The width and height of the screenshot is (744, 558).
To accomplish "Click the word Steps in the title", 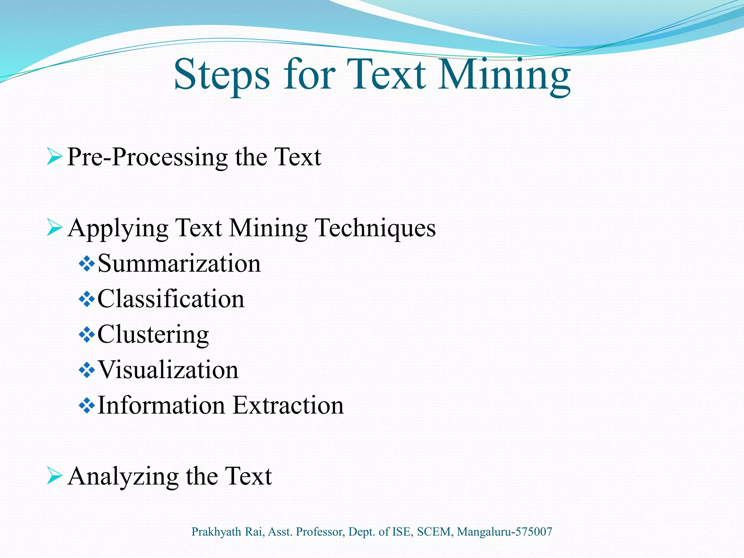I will pyautogui.click(x=222, y=75).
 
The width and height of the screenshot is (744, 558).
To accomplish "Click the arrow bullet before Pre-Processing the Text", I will pyautogui.click(x=54, y=157).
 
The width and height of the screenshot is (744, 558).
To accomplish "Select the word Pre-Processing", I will pyautogui.click(x=147, y=157).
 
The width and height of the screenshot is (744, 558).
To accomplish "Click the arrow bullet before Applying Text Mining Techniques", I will pyautogui.click(x=54, y=228).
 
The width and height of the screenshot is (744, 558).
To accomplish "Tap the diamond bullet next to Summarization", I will pyautogui.click(x=87, y=264).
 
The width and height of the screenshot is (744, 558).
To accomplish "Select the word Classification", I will pyautogui.click(x=171, y=299).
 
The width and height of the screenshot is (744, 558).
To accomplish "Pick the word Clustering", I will pyautogui.click(x=153, y=334).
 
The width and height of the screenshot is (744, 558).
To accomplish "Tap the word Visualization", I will pyautogui.click(x=168, y=370).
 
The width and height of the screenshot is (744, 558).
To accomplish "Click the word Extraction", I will pyautogui.click(x=288, y=405).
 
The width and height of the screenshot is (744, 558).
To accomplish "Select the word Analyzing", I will pyautogui.click(x=123, y=477).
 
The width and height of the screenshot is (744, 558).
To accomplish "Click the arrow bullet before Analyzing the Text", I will pyautogui.click(x=54, y=476).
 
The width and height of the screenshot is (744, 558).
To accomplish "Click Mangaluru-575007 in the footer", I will pyautogui.click(x=504, y=532).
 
